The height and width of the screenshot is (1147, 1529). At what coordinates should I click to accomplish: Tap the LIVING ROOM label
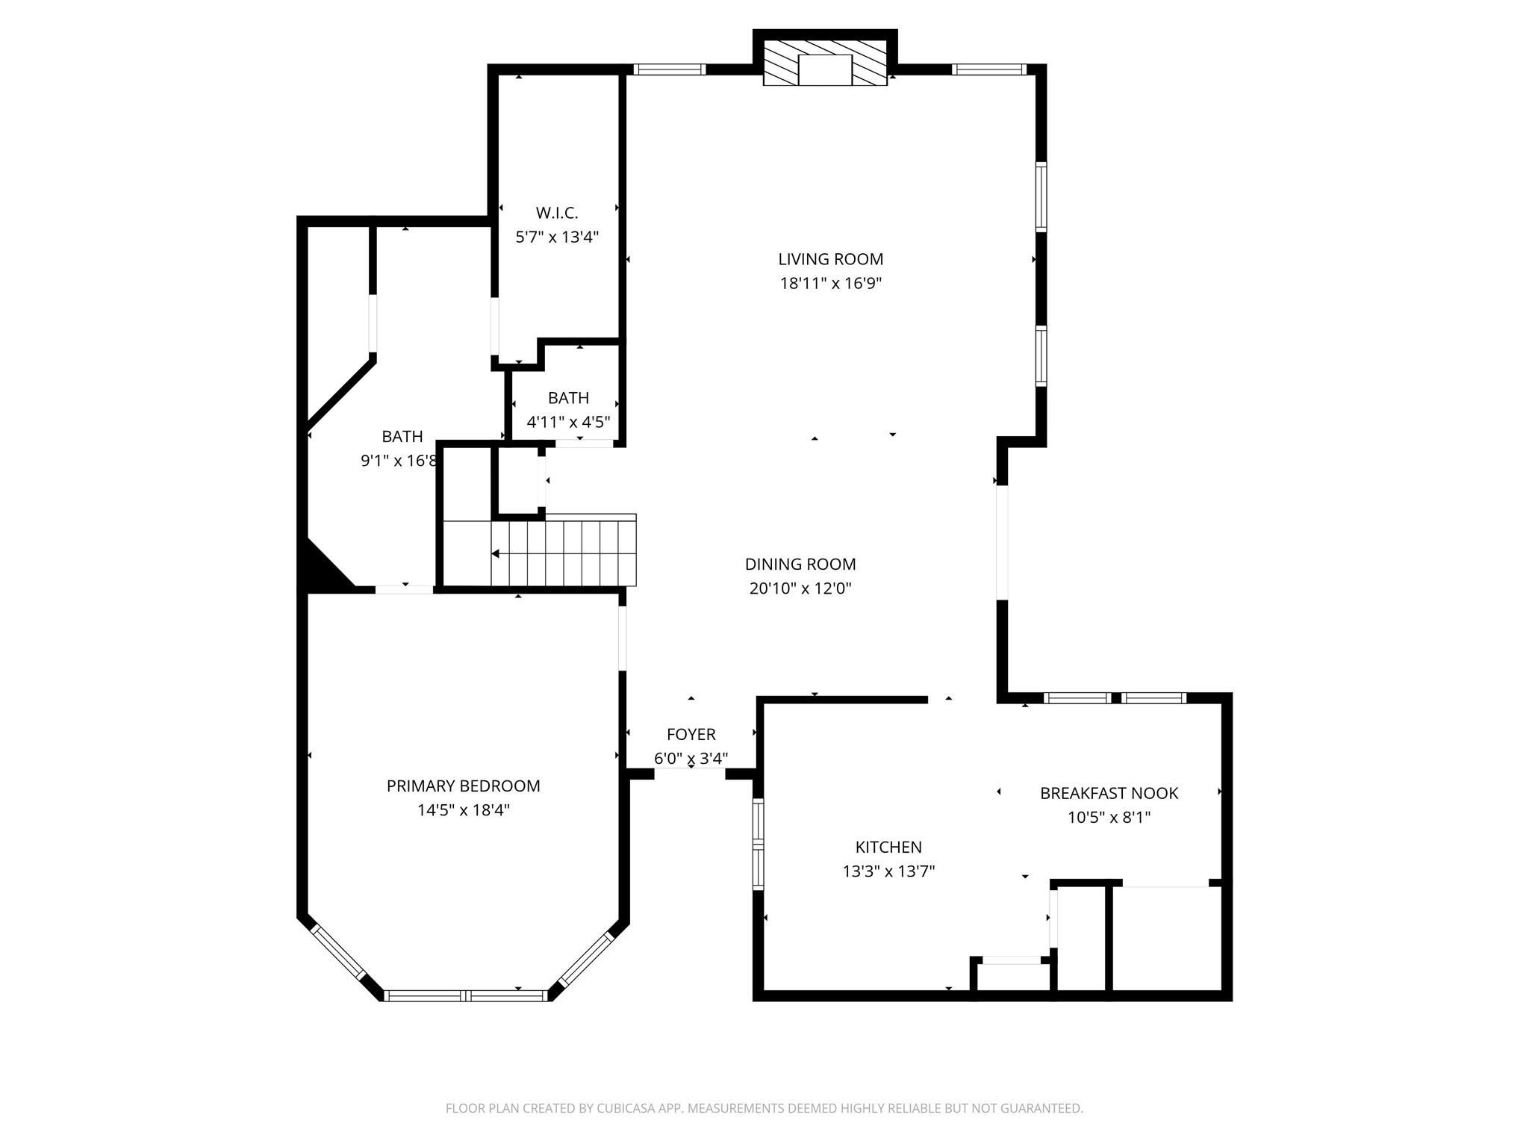[x=830, y=259]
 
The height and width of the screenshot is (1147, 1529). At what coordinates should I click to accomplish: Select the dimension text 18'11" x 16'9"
[x=830, y=284]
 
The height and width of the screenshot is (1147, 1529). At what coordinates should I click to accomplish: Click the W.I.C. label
[x=557, y=214]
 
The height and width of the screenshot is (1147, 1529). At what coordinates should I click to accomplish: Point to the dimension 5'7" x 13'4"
[x=557, y=237]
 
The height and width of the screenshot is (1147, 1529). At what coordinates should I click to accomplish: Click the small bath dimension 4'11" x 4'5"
[x=568, y=422]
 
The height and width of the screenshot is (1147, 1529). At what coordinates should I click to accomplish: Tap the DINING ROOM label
[x=800, y=565]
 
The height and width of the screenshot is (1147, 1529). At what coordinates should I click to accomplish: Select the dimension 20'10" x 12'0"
[x=800, y=588]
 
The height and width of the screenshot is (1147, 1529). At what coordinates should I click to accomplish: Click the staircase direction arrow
[x=496, y=553]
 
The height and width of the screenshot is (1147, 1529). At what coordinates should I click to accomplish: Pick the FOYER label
[x=691, y=735]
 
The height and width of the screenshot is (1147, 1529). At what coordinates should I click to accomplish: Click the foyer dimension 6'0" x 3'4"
[x=691, y=759]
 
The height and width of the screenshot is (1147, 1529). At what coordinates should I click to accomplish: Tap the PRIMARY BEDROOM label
[x=463, y=786]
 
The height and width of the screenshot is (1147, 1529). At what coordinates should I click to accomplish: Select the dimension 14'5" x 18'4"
[x=463, y=810]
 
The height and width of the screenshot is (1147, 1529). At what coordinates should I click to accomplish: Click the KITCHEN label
[x=888, y=848]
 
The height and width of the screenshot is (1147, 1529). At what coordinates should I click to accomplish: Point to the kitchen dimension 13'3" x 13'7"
[x=888, y=871]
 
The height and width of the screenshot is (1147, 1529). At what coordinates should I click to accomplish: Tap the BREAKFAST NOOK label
[x=1109, y=794]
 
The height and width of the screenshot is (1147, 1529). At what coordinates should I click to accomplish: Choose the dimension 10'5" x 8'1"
[x=1109, y=818]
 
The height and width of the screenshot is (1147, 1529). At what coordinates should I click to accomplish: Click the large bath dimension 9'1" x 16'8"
[x=399, y=461]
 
